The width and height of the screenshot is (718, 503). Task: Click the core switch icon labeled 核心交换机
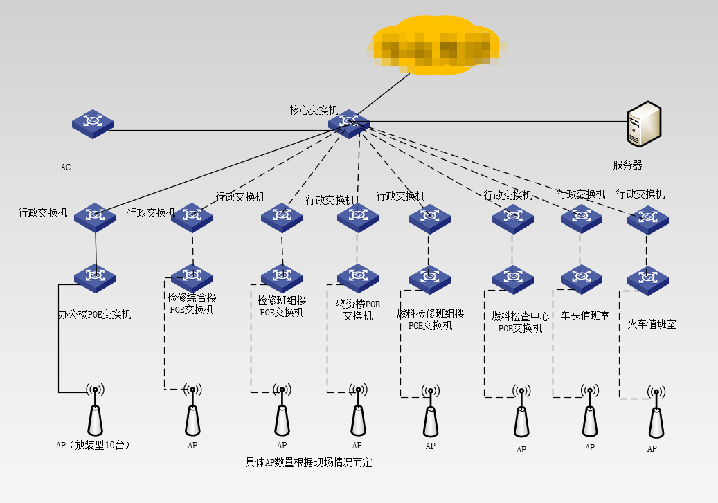click(x=349, y=122)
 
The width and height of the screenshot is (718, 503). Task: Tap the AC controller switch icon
click(x=92, y=123)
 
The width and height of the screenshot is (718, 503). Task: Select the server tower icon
click(x=643, y=125)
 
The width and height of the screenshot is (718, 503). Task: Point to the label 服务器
click(x=627, y=165)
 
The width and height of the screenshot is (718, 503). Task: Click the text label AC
click(x=65, y=167)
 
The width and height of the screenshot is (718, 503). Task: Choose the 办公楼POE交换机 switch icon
click(x=95, y=277)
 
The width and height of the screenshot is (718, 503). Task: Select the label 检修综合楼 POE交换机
click(x=192, y=304)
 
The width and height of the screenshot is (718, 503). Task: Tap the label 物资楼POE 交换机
click(x=358, y=310)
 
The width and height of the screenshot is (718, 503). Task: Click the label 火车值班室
click(x=652, y=324)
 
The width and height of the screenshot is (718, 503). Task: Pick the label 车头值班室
click(x=585, y=315)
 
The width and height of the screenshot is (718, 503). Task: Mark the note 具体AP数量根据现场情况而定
click(x=309, y=462)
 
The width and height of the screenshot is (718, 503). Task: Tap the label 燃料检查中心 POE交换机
click(x=520, y=322)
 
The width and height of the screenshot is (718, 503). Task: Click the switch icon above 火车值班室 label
click(x=648, y=278)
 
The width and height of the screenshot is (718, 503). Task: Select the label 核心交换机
click(x=314, y=110)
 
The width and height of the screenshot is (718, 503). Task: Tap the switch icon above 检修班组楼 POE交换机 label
click(x=282, y=277)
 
